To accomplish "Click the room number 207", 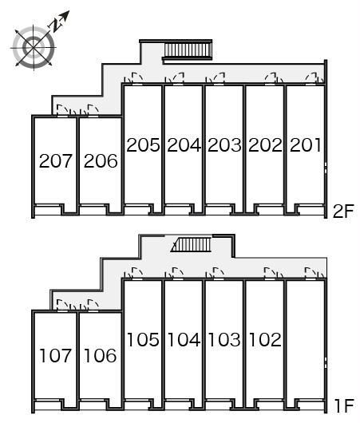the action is (56, 161).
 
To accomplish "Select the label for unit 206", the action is (101, 161).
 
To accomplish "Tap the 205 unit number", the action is (143, 145).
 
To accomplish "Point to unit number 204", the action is (184, 145).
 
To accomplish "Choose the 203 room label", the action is (224, 145).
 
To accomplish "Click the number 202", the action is (265, 145).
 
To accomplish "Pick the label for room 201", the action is (306, 145).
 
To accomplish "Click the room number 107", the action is (56, 355).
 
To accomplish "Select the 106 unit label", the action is (101, 355).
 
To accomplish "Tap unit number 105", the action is (143, 339).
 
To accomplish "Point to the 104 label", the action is (184, 339).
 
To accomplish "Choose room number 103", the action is (224, 339).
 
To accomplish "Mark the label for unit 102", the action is (265, 339).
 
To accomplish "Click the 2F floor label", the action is (343, 211).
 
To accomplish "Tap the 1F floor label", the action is (343, 405).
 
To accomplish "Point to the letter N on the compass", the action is (56, 25).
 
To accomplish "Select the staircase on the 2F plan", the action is (187, 50).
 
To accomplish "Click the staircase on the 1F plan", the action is (192, 244).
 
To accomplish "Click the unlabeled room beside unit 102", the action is (306, 339).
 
